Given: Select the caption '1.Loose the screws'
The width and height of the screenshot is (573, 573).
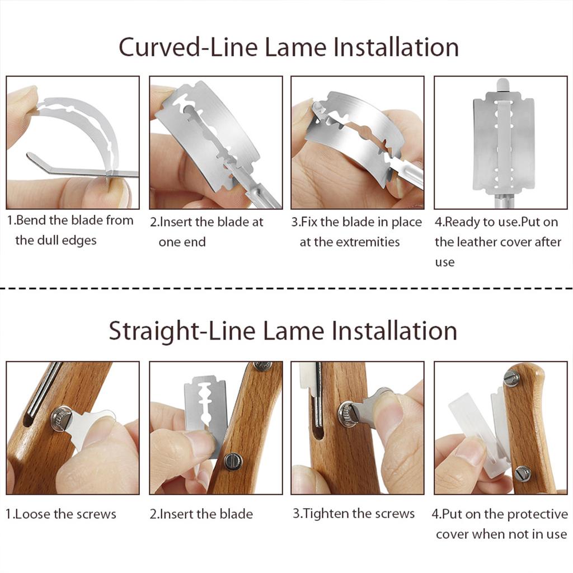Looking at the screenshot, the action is (x=61, y=514).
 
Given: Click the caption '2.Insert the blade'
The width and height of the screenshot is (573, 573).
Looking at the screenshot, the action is (x=201, y=514).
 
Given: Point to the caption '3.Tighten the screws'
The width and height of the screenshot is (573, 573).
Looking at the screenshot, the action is (x=354, y=514).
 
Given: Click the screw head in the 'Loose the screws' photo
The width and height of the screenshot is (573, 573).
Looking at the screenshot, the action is (x=60, y=418).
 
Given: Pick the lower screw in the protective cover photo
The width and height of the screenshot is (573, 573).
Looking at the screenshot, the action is (x=523, y=474).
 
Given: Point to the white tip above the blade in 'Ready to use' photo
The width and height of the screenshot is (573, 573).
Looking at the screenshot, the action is (x=503, y=84).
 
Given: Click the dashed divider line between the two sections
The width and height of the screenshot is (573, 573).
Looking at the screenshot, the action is (x=286, y=288).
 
